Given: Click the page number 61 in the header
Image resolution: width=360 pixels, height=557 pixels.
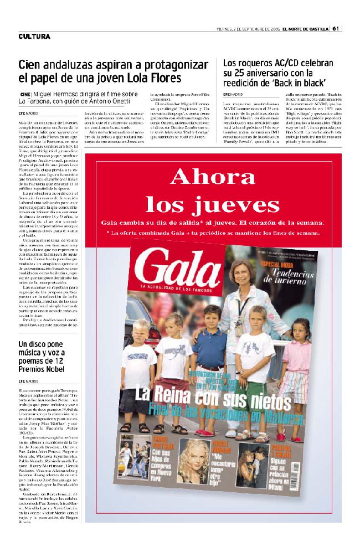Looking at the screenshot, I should point(336,29).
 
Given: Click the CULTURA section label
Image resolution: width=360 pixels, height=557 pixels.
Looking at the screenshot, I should point(34,37).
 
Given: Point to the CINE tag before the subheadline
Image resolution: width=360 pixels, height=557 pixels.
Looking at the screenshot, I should point(24,95).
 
